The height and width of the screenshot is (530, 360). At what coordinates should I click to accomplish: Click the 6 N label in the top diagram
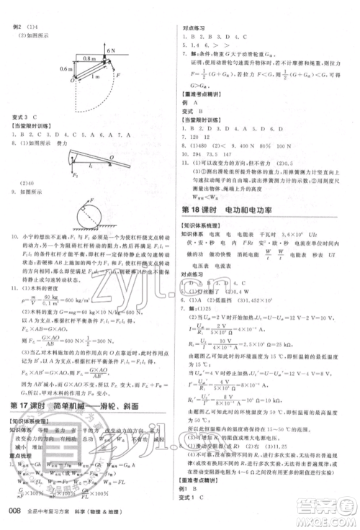(111, 51)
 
